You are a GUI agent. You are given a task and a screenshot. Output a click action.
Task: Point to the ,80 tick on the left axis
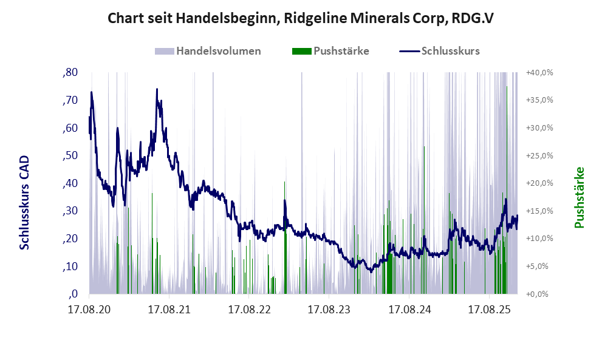[x=70, y=73]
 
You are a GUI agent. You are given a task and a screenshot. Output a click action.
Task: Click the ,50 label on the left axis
[x=70, y=156]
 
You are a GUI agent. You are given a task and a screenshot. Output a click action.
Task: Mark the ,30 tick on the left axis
[x=70, y=211]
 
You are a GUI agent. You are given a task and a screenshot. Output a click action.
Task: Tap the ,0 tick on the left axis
[x=73, y=294]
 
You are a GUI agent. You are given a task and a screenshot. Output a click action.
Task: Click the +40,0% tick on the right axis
[x=539, y=73]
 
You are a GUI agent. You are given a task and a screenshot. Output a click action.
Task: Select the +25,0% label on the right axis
[x=539, y=155]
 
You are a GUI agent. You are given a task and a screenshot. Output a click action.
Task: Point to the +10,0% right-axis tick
[x=539, y=239]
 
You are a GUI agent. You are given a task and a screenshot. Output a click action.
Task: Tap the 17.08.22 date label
[x=248, y=310]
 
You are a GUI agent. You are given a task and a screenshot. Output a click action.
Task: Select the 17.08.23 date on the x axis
[x=329, y=310]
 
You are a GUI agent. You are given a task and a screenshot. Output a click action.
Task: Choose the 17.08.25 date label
[x=489, y=310]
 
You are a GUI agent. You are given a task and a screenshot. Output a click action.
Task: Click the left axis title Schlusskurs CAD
[x=25, y=202]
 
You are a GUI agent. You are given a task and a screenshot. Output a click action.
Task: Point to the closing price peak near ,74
[x=157, y=90]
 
